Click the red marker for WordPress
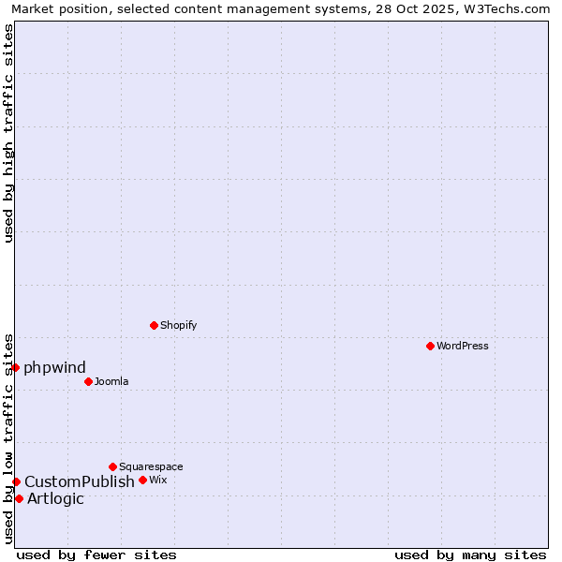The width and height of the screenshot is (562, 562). (430, 346)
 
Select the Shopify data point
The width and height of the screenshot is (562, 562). (154, 325)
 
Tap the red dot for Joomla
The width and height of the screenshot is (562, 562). (88, 381)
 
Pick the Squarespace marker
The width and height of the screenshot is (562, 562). (112, 466)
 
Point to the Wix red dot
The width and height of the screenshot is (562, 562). (142, 480)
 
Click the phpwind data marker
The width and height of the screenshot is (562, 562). (16, 367)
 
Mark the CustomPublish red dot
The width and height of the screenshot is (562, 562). (16, 481)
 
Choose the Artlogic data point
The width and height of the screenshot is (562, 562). (19, 498)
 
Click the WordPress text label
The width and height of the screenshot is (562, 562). (463, 346)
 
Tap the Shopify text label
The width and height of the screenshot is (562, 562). (179, 325)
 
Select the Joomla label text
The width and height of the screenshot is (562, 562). (111, 381)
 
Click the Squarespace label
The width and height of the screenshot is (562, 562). (151, 466)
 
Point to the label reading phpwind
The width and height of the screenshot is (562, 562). (54, 367)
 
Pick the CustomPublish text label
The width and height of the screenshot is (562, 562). (80, 481)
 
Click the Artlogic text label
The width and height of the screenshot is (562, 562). (55, 498)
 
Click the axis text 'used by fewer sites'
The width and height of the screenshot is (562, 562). (96, 555)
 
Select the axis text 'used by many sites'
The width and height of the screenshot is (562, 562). (470, 555)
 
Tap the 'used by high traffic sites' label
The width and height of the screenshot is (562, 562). (8, 133)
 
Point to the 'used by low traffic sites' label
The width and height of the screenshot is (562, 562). (8, 437)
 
